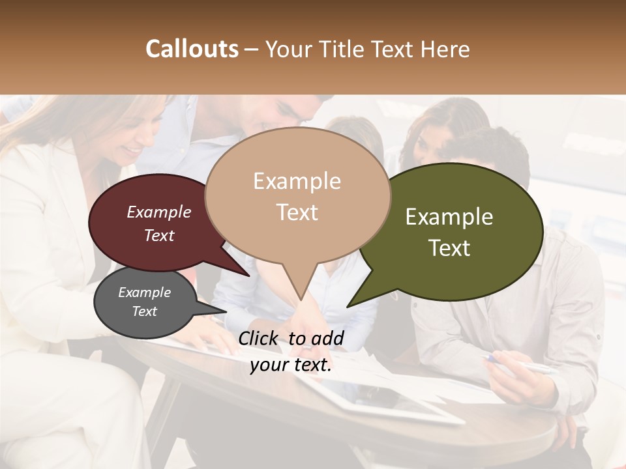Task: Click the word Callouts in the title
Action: click(192, 50)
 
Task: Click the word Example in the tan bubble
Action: click(297, 181)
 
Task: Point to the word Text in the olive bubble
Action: click(449, 248)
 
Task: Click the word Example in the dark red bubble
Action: click(158, 212)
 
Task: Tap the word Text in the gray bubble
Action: click(144, 311)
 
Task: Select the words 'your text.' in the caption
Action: click(291, 365)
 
